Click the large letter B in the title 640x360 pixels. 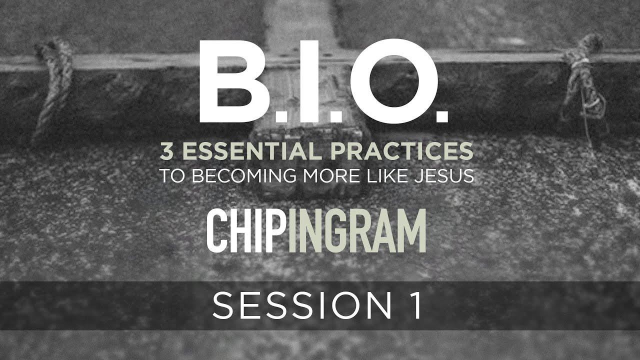point(233,81)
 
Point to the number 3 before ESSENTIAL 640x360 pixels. point(166,151)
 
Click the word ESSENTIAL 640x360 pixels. point(251,151)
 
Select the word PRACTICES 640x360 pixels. point(402,151)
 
